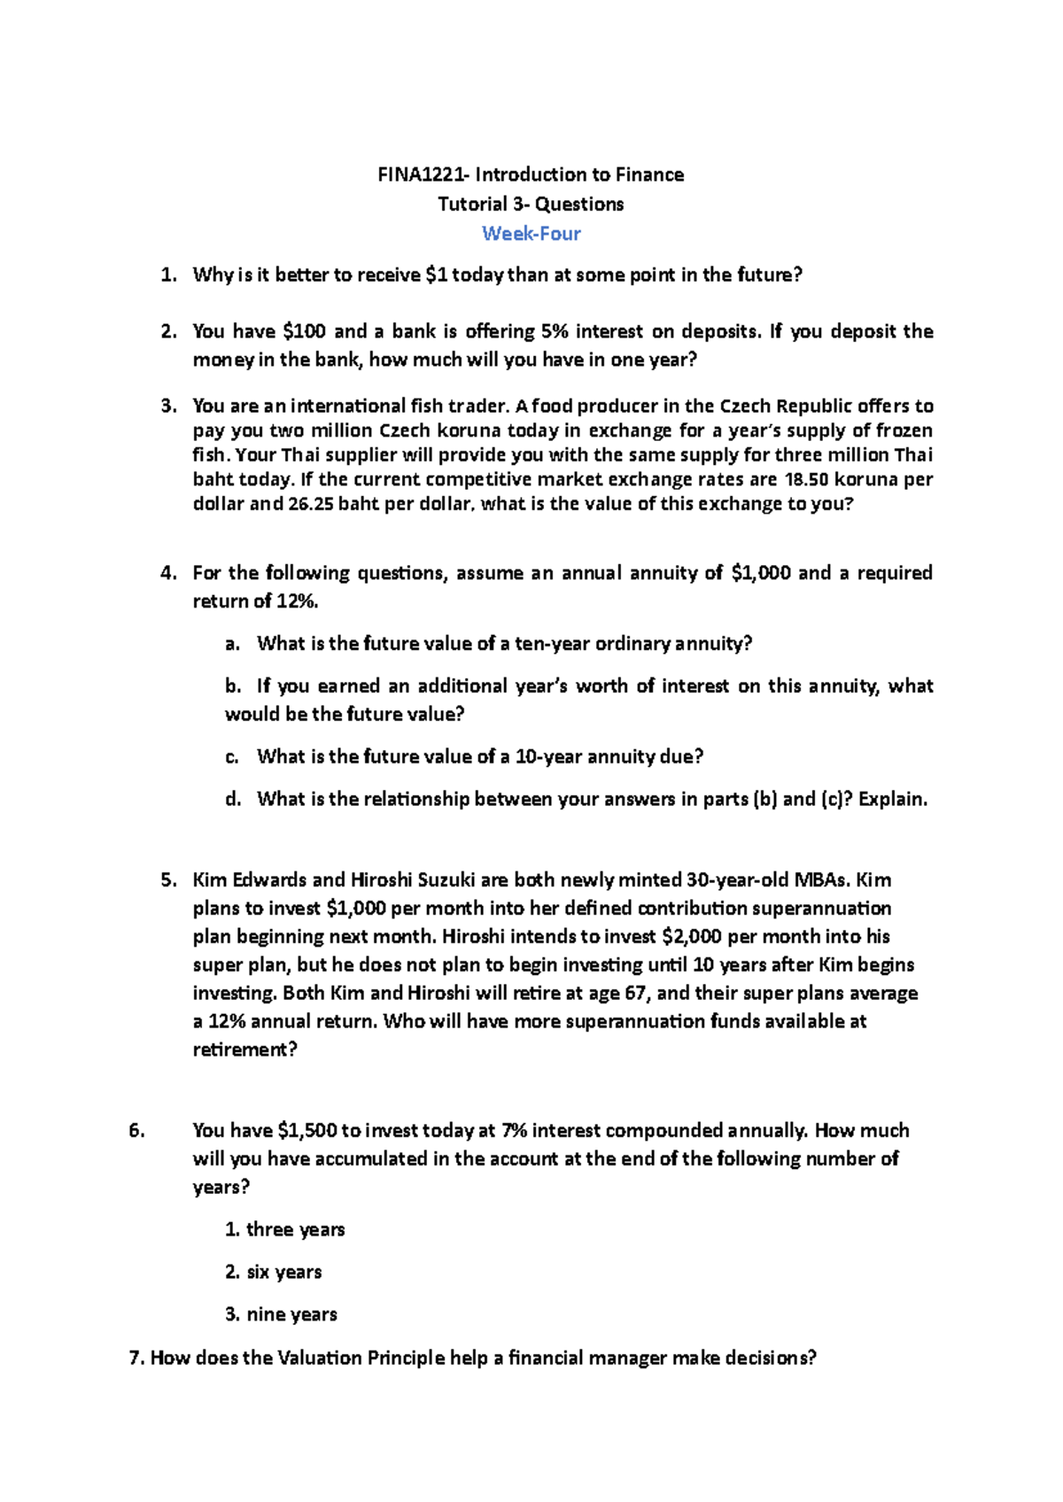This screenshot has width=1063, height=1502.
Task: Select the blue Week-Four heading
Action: pos(531,234)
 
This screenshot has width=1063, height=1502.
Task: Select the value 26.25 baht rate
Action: pos(311,505)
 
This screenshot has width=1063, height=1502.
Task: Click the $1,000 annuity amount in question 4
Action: pos(761,573)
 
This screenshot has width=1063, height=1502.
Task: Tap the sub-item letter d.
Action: pos(233,800)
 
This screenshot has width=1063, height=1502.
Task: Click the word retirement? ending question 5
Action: pos(245,1050)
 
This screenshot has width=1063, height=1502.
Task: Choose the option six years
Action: pos(283,1273)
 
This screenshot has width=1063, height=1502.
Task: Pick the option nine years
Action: pos(291,1315)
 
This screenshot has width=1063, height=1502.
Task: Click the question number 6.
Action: pos(136,1131)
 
